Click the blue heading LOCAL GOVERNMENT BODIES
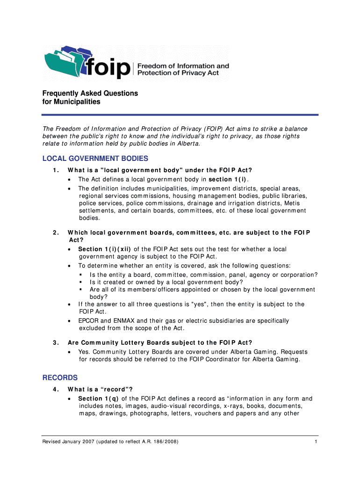click(95, 159)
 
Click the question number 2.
click(56, 232)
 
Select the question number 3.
click(56, 342)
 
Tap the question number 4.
click(56, 389)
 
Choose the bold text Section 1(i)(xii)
click(105, 249)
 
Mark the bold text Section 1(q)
click(98, 399)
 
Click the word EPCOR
click(88, 321)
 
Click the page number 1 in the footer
click(316, 442)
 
